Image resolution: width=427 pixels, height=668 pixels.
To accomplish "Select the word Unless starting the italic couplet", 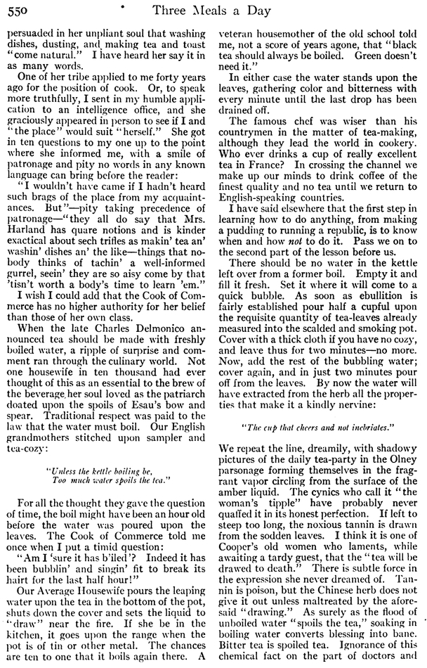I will pyautogui.click(x=59, y=470).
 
